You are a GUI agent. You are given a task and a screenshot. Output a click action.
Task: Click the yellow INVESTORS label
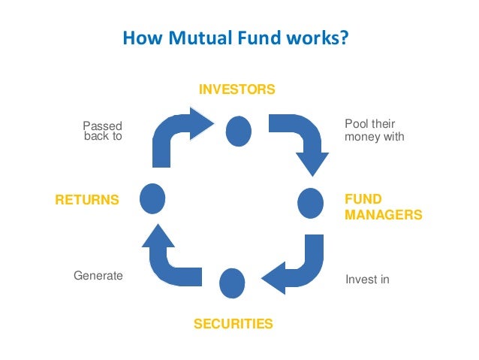236,90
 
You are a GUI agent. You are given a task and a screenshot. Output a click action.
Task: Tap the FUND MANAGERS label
383,207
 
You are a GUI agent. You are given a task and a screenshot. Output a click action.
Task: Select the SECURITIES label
233,324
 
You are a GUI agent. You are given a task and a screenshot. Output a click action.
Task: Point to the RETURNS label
87,200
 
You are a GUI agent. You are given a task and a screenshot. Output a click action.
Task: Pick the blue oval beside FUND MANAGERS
310,202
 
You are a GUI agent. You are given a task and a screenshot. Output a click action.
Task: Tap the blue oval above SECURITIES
232,282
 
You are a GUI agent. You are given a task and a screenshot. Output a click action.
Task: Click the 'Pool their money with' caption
374,130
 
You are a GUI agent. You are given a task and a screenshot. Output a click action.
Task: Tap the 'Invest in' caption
367,280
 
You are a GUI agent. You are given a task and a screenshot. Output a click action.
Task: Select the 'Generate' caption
98,276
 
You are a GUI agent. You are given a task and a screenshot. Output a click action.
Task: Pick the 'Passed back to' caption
102,132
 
